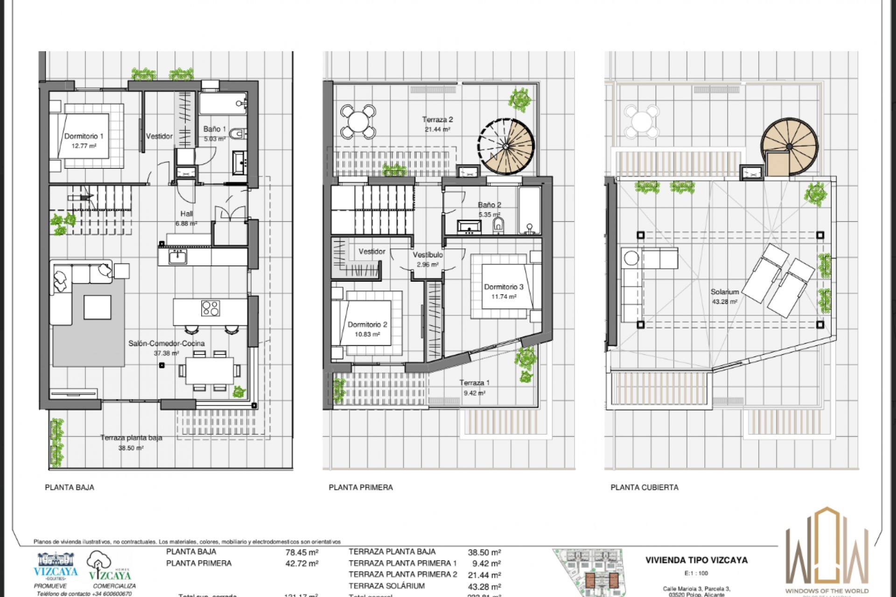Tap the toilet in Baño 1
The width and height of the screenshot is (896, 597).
coord(239,134)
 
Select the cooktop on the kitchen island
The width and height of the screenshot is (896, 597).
coord(210,308)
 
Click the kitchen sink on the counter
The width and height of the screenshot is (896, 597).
coord(177,257)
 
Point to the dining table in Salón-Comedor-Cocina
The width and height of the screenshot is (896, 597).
coord(210,371)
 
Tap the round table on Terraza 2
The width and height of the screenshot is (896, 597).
coord(358,122)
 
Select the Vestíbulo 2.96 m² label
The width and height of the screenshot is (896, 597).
coord(427,259)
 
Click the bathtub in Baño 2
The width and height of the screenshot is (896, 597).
coord(530,210)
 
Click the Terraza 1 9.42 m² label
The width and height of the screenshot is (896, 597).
coord(474,387)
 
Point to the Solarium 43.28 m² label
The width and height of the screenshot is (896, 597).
coord(724,296)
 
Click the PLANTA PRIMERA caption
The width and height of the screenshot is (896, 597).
coord(360,487)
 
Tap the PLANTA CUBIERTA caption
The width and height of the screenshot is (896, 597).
coord(644,487)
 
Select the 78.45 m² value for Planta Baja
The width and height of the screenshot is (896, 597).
coord(301,552)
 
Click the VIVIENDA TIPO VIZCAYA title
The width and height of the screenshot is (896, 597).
coord(696,560)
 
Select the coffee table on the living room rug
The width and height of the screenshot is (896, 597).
coord(97,307)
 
